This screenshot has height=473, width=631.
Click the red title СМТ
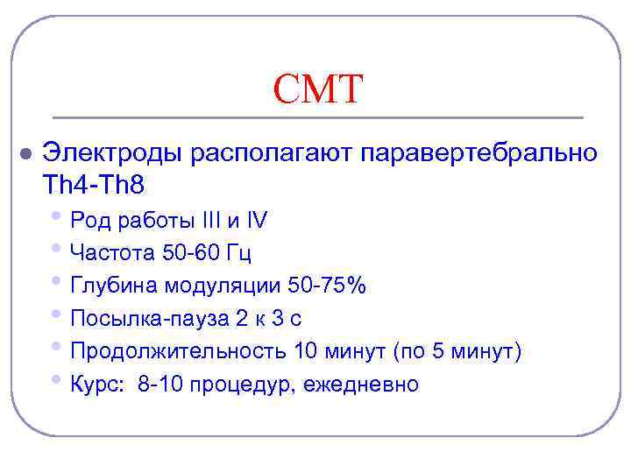316,89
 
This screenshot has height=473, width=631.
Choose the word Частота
110,253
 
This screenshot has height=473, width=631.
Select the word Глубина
112,286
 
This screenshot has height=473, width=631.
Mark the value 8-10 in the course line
167,385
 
